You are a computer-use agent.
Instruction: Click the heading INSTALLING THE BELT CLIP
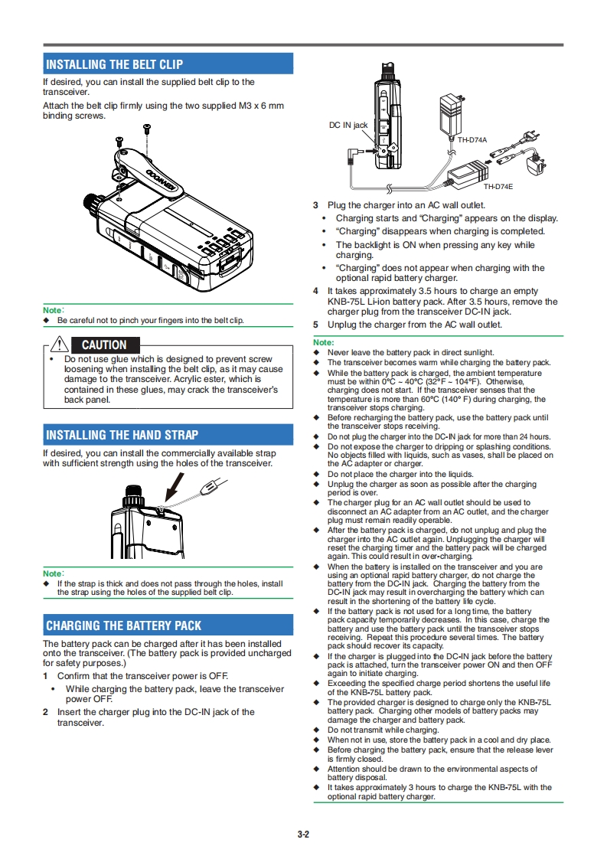(114, 64)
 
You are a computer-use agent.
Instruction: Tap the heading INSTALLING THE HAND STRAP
(122, 435)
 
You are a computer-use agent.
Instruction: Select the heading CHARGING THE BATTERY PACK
(123, 625)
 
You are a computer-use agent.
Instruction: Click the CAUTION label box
(104, 345)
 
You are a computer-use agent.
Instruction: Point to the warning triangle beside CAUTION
(58, 345)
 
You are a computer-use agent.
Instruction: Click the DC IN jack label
(348, 125)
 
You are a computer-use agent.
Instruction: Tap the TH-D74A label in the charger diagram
(472, 140)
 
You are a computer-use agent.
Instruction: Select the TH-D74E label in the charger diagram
(498, 187)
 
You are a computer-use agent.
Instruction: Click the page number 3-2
(303, 835)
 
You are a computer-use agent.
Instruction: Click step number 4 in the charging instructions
(315, 291)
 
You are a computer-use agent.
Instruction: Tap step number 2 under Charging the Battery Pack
(45, 712)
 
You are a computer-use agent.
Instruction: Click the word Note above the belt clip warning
(53, 310)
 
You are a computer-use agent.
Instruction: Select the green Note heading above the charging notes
(324, 342)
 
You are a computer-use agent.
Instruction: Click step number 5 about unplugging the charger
(315, 325)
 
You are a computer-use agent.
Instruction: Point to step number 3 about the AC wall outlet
(315, 205)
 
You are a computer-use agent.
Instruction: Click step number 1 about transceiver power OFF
(45, 676)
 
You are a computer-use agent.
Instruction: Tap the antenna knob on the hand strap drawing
(134, 492)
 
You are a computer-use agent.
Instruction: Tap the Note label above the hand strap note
(53, 573)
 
